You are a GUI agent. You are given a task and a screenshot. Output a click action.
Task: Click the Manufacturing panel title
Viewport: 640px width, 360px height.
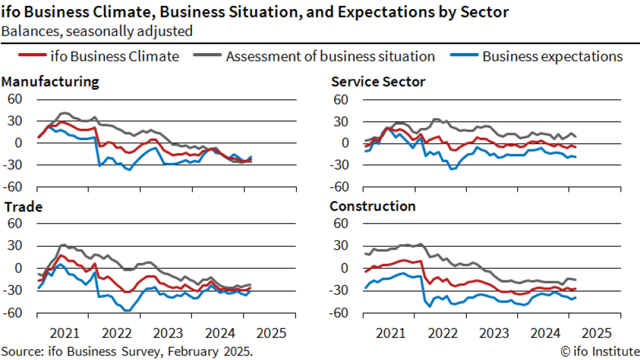click(50, 82)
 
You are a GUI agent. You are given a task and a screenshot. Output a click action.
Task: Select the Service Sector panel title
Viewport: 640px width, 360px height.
click(378, 82)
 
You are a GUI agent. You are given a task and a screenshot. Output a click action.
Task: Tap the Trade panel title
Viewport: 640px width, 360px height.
click(23, 207)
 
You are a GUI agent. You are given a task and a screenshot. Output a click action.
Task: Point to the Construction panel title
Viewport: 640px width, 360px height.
click(372, 207)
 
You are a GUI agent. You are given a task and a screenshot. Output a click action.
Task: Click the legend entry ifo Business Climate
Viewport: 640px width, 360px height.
click(114, 56)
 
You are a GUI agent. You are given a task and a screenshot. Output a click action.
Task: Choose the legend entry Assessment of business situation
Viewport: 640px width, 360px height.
click(330, 56)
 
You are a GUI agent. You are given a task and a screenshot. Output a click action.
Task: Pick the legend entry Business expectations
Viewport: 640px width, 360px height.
click(552, 56)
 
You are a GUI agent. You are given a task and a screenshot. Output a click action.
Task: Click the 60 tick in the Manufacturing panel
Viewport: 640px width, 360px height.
click(15, 99)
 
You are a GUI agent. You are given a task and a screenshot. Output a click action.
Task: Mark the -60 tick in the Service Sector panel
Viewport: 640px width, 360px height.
click(340, 187)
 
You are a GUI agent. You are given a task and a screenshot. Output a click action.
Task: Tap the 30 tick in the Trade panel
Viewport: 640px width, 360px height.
click(15, 246)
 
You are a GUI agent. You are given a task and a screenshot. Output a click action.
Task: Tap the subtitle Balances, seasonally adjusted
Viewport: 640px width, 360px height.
click(97, 30)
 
